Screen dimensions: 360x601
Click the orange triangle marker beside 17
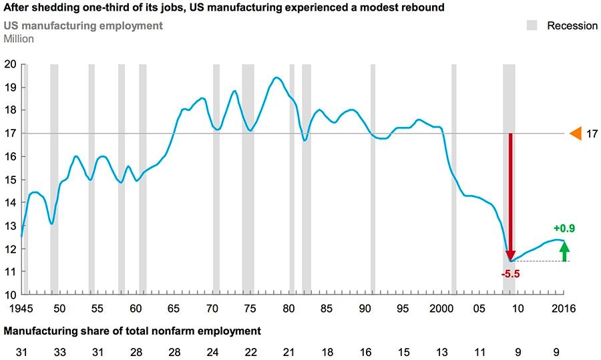pyautogui.click(x=575, y=134)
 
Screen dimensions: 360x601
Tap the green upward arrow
pyautogui.click(x=564, y=251)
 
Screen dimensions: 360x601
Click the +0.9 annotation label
pyautogui.click(x=564, y=228)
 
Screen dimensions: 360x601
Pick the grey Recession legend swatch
pyautogui.click(x=532, y=25)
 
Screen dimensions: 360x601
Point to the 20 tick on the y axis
pyautogui.click(x=10, y=64)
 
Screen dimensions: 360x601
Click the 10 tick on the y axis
pyautogui.click(x=10, y=295)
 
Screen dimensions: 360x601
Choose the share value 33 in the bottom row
pyautogui.click(x=59, y=351)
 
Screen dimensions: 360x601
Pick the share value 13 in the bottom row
pyautogui.click(x=441, y=351)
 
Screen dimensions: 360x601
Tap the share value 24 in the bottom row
pyautogui.click(x=212, y=351)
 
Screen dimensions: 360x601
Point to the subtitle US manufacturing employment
pyautogui.click(x=83, y=26)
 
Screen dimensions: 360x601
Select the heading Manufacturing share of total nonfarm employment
pyautogui.click(x=132, y=331)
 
